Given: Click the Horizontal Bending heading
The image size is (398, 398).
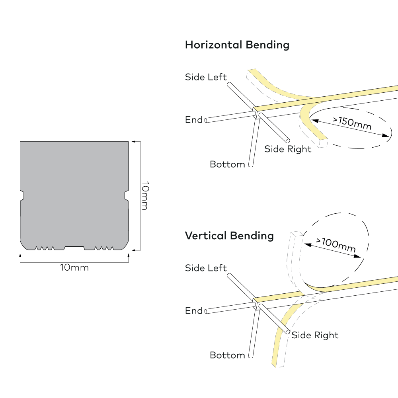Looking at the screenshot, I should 237,45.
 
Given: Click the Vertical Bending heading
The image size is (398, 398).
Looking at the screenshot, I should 229,236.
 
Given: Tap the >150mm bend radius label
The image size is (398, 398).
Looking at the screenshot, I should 352,123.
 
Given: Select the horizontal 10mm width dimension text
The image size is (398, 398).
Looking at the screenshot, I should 74,267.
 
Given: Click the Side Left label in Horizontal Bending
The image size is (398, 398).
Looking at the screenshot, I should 206,77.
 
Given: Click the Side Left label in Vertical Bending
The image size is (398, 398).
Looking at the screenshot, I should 206,268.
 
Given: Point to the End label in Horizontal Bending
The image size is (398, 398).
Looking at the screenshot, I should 194,119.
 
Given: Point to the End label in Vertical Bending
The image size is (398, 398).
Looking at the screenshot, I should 194,310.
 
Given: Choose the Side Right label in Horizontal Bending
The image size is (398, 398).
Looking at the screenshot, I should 288,149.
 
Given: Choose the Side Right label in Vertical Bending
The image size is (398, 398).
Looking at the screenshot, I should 315,335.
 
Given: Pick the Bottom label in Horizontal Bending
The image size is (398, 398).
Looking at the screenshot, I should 227,164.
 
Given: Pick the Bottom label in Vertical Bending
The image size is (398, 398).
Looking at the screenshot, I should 227,355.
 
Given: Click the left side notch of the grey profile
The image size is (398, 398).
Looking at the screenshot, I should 22,195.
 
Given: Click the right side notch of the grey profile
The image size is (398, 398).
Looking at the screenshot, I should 126,195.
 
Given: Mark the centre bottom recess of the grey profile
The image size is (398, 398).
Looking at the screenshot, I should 74,248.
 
